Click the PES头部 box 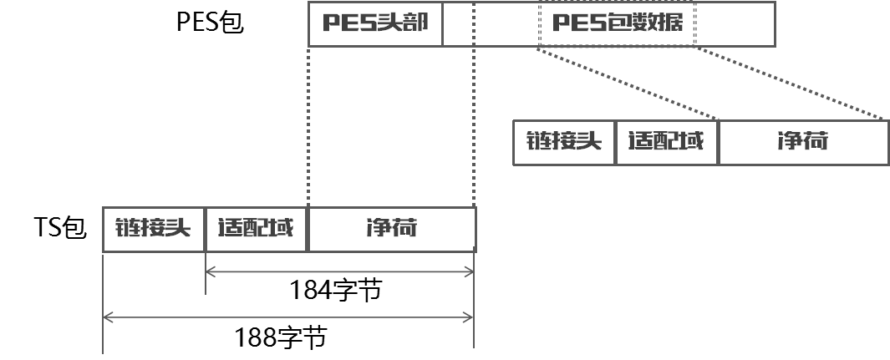[x=375, y=23]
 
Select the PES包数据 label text [x=617, y=23]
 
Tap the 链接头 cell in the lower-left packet [x=154, y=229]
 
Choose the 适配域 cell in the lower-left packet [x=257, y=229]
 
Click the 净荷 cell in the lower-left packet [x=392, y=229]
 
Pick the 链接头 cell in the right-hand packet [x=564, y=142]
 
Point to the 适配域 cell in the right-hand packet [x=667, y=142]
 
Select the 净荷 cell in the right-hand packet [x=803, y=142]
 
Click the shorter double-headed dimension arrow [x=339, y=271]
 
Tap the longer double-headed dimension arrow [x=288, y=317]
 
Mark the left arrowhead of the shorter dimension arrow [x=210, y=271]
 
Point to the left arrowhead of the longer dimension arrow [x=107, y=317]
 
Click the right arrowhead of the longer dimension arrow [x=470, y=317]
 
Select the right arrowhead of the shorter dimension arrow [x=470, y=271]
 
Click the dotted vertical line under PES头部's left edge [x=309, y=125]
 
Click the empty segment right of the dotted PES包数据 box [x=735, y=23]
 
